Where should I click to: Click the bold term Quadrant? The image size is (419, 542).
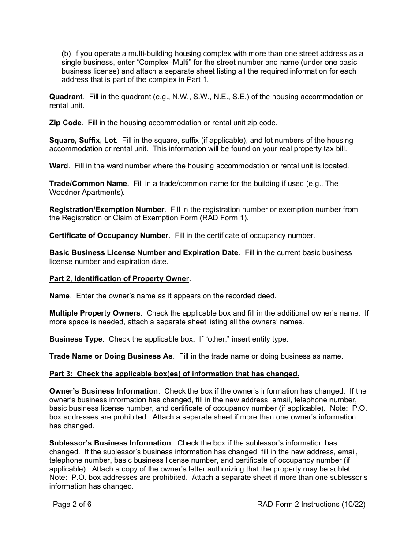pyautogui.click(x=66, y=97)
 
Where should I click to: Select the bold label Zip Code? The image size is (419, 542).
pyautogui.click(x=65, y=123)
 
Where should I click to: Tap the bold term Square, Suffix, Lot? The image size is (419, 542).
pyautogui.click(x=82, y=141)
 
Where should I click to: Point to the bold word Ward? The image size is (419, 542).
pyautogui.click(x=59, y=166)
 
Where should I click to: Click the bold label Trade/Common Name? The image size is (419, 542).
pyautogui.click(x=88, y=183)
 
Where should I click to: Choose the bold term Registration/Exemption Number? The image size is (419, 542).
pyautogui.click(x=107, y=209)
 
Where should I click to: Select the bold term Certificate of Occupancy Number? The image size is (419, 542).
pyautogui.click(x=109, y=235)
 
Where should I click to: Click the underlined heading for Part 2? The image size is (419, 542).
pyautogui.click(x=120, y=278)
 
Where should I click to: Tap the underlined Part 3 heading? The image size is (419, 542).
pyautogui.click(x=174, y=374)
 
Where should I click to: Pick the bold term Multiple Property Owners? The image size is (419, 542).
pyautogui.click(x=95, y=313)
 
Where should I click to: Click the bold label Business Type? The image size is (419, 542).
pyautogui.click(x=76, y=339)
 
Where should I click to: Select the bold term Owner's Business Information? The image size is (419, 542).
pyautogui.click(x=104, y=391)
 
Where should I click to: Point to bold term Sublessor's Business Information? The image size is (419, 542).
pyautogui.click(x=110, y=443)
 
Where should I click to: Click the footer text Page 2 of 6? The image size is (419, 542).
pyautogui.click(x=72, y=504)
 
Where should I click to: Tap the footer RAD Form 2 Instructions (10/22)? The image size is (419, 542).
pyautogui.click(x=311, y=504)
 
